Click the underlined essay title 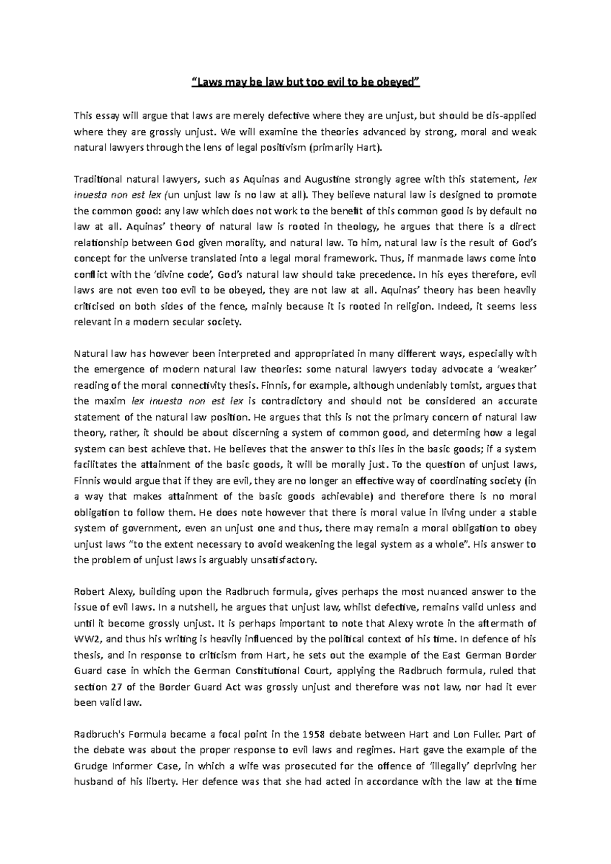tap(305, 83)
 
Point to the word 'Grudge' tap(90, 766)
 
